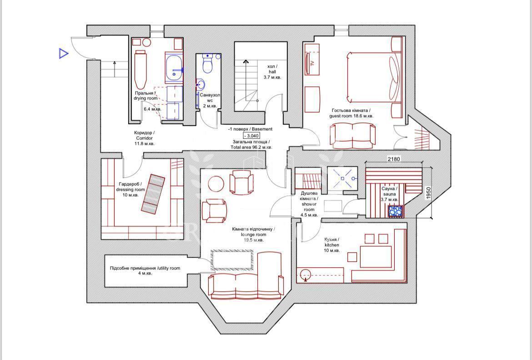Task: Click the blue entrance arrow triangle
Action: tap(63, 54)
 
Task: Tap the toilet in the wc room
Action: tap(207, 64)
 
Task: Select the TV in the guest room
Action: tap(311, 63)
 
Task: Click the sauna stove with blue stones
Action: tap(396, 210)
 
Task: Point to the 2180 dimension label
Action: tap(394, 159)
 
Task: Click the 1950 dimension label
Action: tap(428, 193)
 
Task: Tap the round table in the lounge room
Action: tap(216, 185)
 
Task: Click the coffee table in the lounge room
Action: tap(232, 260)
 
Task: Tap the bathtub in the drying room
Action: tap(141, 70)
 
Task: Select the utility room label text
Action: tap(145, 270)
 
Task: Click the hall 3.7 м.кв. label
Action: tap(272, 72)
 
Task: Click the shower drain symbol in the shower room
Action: tap(342, 178)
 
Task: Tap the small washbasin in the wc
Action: tap(201, 84)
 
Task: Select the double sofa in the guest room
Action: tap(352, 136)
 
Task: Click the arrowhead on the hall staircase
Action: tap(245, 61)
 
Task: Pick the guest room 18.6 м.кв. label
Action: tap(351, 113)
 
